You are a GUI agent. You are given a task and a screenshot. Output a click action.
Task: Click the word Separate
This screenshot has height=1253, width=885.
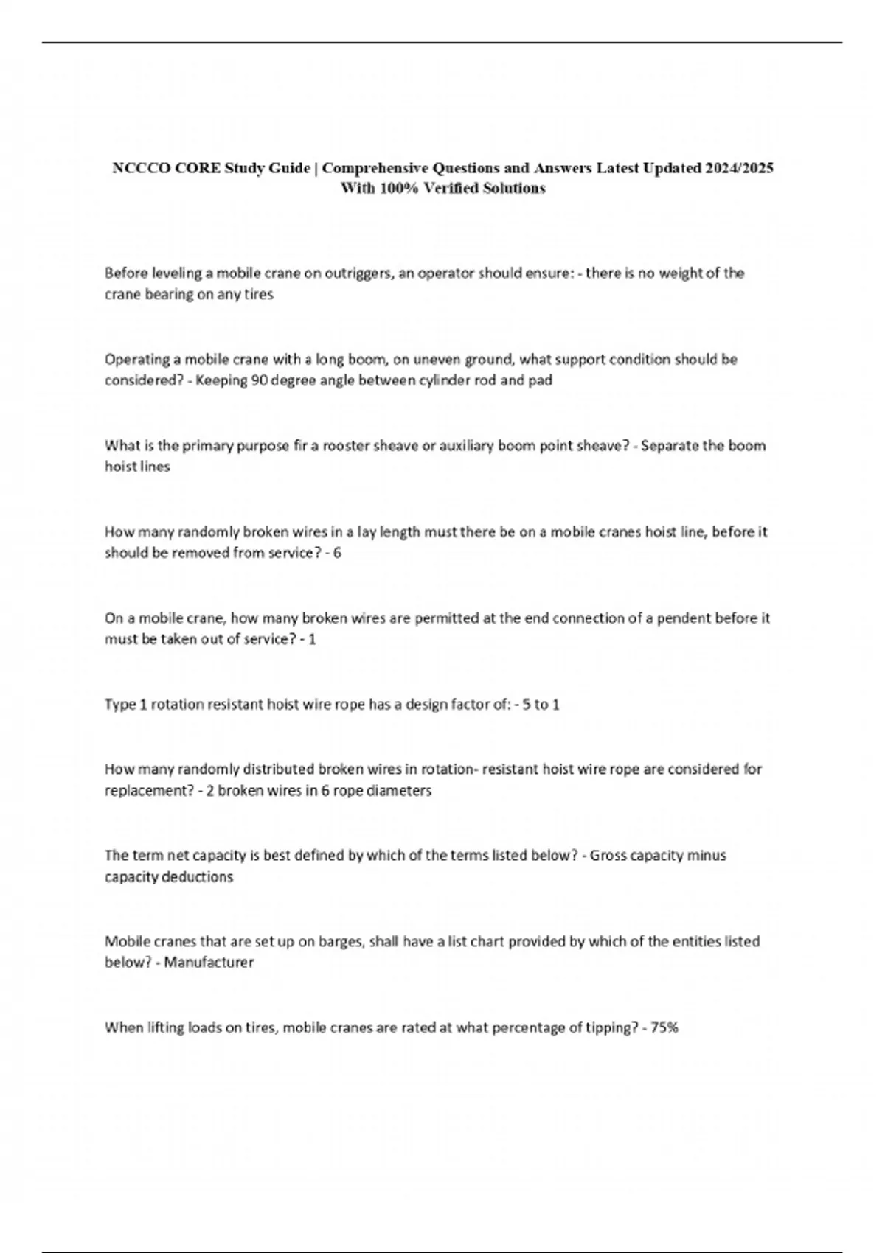[669, 446]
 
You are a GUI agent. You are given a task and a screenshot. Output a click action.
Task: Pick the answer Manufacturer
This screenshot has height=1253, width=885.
[209, 963]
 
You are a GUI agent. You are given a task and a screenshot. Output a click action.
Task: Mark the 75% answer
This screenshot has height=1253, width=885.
[664, 1027]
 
